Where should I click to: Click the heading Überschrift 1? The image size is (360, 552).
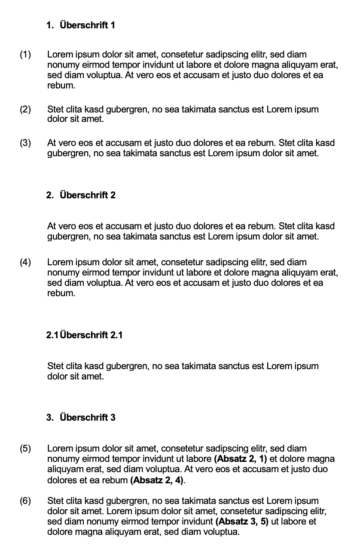pos(87,25)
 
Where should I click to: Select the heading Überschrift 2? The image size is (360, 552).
pos(87,195)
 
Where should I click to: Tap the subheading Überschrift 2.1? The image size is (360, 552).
pos(91,335)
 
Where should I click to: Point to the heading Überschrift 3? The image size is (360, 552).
pos(87,418)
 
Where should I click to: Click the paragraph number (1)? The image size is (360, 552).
pos(25,55)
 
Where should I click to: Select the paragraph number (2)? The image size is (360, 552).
pos(25,109)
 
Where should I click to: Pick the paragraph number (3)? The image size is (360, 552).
pos(25,143)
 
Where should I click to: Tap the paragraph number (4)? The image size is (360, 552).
pos(25,262)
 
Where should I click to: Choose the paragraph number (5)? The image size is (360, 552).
pos(25,449)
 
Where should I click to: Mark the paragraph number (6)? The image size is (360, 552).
pos(25,501)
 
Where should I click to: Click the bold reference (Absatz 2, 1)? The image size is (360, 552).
pos(240,459)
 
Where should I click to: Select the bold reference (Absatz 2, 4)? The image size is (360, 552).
pos(157,479)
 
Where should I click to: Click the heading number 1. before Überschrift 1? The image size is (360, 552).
pos(50,25)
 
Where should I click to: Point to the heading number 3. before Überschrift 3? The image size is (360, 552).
pos(50,418)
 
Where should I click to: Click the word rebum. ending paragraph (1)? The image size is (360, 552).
pos(61,85)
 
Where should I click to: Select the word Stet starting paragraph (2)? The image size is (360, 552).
pos(55,109)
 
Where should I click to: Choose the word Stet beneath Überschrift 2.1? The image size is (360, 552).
pos(55,366)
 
